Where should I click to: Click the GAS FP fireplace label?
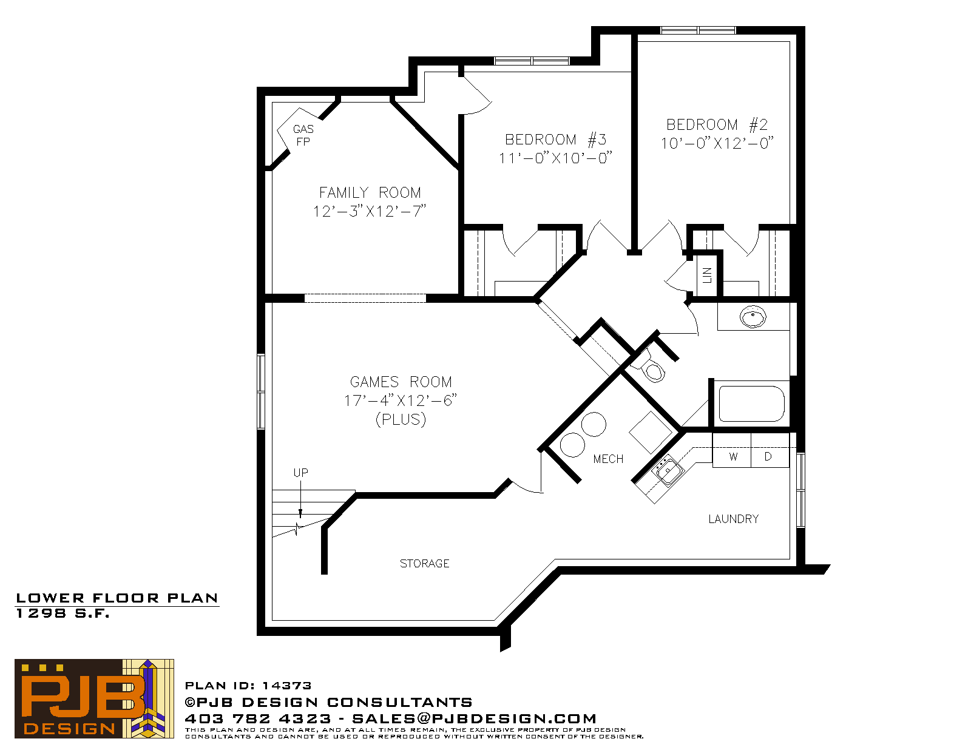pyautogui.click(x=303, y=135)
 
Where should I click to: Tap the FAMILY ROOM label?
pyautogui.click(x=370, y=192)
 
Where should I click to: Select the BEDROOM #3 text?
pyautogui.click(x=555, y=140)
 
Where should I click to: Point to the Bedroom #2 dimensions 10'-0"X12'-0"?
pyautogui.click(x=717, y=143)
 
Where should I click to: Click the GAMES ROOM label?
pyautogui.click(x=401, y=382)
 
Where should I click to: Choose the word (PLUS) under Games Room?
pyautogui.click(x=401, y=419)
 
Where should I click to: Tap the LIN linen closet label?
pyautogui.click(x=707, y=275)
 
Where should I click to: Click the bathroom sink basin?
pyautogui.click(x=753, y=317)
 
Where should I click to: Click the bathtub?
pyautogui.click(x=751, y=404)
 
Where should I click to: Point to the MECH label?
pyautogui.click(x=607, y=459)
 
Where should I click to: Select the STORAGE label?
pyautogui.click(x=424, y=564)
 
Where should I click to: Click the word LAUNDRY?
pyautogui.click(x=733, y=519)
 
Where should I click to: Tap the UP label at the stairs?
pyautogui.click(x=301, y=473)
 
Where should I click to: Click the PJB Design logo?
pyautogui.click(x=94, y=698)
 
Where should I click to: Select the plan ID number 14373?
pyautogui.click(x=286, y=686)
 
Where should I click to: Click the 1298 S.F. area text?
pyautogui.click(x=63, y=613)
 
